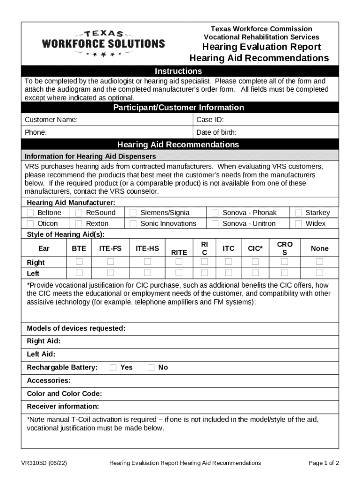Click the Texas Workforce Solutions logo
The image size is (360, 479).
103,44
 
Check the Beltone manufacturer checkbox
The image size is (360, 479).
30,213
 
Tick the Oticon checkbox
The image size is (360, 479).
30,224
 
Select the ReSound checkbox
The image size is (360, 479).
79,213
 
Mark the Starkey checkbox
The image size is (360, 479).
298,213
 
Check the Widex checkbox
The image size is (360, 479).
298,224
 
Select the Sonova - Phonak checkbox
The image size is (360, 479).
215,213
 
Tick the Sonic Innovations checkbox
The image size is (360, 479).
133,224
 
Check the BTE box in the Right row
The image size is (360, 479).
79,261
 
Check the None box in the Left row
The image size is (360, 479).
319,272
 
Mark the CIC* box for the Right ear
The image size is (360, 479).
255,261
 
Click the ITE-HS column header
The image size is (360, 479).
147,248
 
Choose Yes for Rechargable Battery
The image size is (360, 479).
113,368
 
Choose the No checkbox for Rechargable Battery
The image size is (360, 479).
151,368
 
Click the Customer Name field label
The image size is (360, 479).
51,120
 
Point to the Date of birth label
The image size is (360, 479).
216,132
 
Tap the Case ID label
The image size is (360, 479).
210,120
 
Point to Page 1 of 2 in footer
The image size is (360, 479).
324,463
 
